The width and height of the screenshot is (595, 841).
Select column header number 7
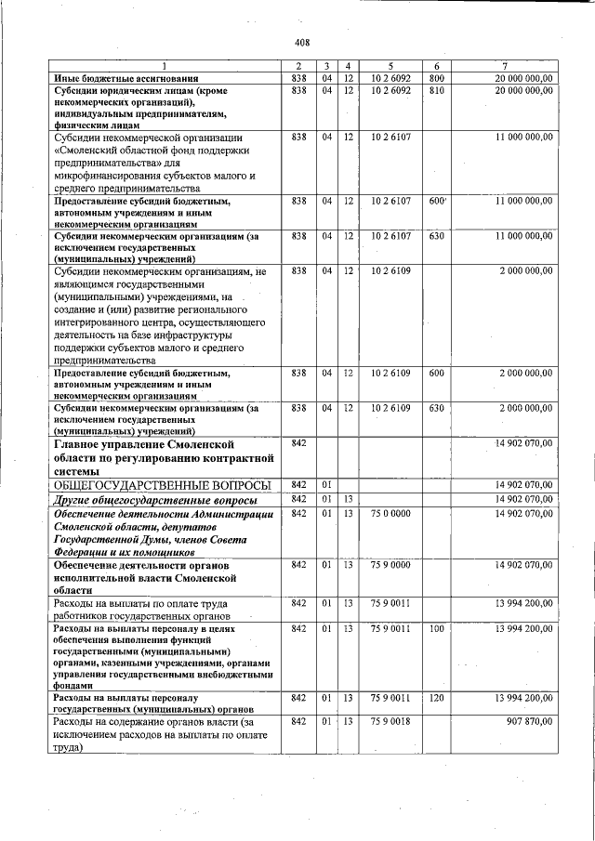[504, 65]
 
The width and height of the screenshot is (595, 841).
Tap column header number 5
[391, 65]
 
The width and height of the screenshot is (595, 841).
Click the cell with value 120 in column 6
[437, 697]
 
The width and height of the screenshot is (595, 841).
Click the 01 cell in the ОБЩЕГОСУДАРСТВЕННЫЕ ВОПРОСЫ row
[326, 484]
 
